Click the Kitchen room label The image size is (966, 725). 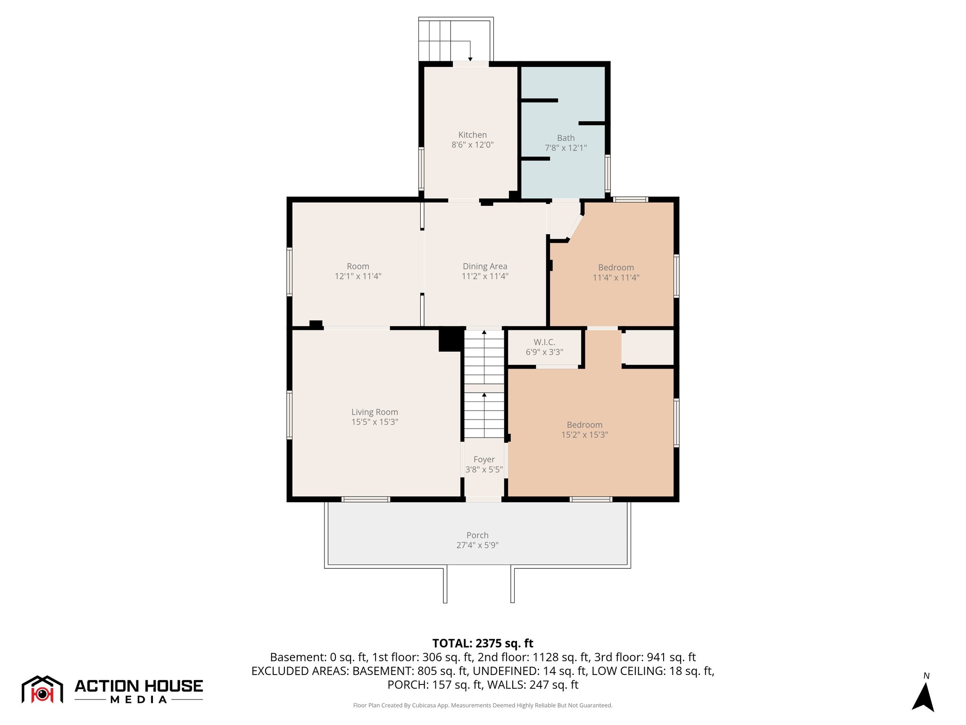472,135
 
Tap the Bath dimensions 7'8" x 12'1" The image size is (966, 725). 566,148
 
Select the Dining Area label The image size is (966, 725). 485,267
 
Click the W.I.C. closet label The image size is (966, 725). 544,342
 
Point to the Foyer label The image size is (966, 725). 484,460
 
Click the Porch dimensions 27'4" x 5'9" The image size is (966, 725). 477,546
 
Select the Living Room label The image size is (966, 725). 375,413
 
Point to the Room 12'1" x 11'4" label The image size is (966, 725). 358,267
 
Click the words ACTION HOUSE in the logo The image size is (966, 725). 139,686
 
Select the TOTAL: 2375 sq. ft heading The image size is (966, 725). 483,643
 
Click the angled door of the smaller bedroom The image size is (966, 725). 575,228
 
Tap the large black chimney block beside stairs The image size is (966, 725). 450,339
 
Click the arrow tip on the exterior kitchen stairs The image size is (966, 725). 470,59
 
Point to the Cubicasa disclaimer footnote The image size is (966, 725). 483,706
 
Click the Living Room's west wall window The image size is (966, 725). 289,415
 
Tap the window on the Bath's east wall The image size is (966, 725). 608,173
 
